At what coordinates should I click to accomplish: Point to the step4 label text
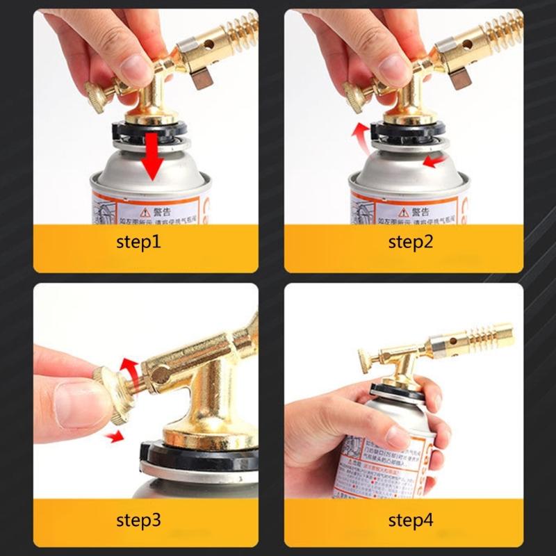[x=410, y=520]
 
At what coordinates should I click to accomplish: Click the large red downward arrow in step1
[x=152, y=158]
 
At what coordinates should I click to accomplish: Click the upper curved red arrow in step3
[x=127, y=364]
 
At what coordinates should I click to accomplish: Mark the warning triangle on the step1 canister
[x=145, y=210]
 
